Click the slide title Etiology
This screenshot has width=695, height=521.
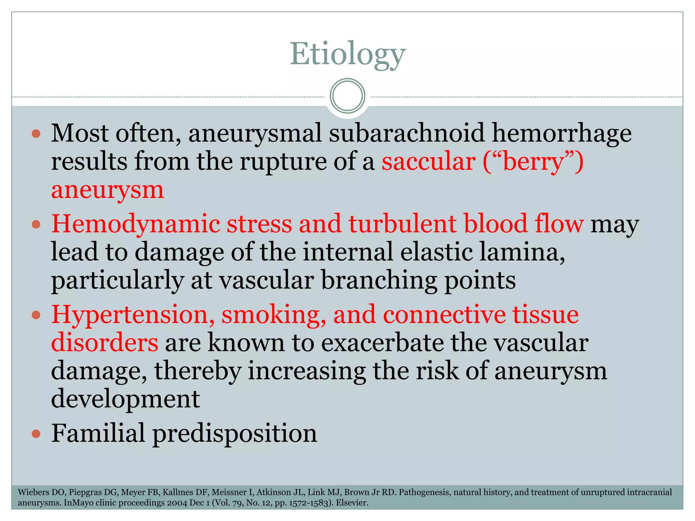coord(347,54)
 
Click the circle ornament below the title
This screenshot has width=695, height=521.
coord(347,96)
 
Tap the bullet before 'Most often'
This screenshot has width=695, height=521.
coord(36,133)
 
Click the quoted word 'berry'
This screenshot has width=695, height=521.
coord(533,162)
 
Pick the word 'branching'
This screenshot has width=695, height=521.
coord(379,281)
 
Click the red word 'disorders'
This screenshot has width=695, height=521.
coord(105,343)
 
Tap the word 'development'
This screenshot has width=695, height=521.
coord(125,399)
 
